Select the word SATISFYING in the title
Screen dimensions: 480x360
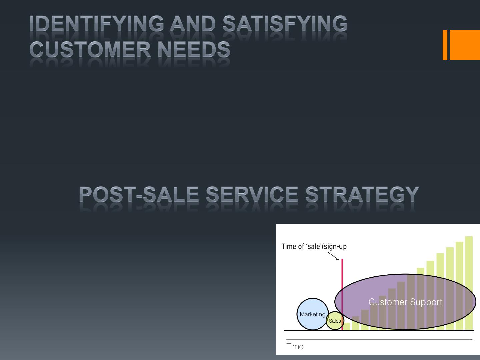tap(285, 24)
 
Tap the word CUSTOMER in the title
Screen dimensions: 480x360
tap(90, 49)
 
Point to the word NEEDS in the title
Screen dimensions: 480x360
tap(194, 49)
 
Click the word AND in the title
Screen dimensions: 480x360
tap(193, 24)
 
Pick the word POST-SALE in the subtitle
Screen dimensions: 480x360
tap(139, 194)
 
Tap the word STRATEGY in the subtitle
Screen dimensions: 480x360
tap(362, 194)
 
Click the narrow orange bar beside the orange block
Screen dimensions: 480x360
tap(445, 45)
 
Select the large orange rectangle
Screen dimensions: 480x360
tap(465, 45)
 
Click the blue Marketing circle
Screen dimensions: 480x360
tap(313, 314)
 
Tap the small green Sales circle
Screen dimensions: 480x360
tap(335, 321)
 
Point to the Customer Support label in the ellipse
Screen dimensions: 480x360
tap(405, 302)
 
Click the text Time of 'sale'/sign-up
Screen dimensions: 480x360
tap(314, 247)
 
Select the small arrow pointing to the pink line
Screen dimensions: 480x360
tap(333, 256)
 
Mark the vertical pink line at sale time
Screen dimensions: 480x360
tap(342, 294)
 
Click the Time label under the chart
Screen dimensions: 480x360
tap(295, 346)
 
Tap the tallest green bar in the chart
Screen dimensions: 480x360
tap(469, 283)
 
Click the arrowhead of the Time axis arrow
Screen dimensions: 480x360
tap(471, 339)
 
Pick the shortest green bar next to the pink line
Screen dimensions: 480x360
tap(346, 326)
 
